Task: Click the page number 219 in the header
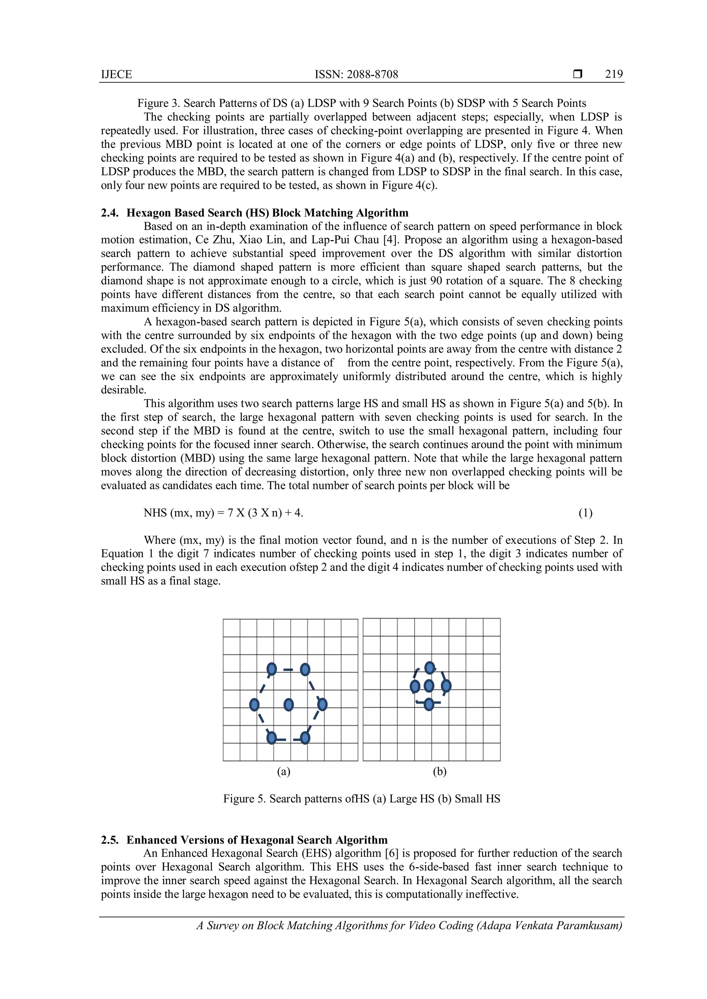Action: [613, 75]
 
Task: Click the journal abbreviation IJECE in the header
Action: [116, 75]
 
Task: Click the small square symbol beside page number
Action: [577, 75]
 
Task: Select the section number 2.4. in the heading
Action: [110, 213]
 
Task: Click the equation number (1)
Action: [585, 513]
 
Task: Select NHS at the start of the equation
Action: [155, 513]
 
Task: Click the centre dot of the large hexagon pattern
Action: [288, 704]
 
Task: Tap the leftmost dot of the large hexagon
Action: [254, 704]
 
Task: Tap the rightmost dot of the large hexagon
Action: [322, 704]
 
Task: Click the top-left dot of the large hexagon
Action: [271, 669]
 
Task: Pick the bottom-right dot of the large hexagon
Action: [305, 738]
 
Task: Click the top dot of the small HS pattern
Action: [429, 667]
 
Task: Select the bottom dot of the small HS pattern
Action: [429, 704]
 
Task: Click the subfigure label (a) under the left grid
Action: [283, 772]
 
